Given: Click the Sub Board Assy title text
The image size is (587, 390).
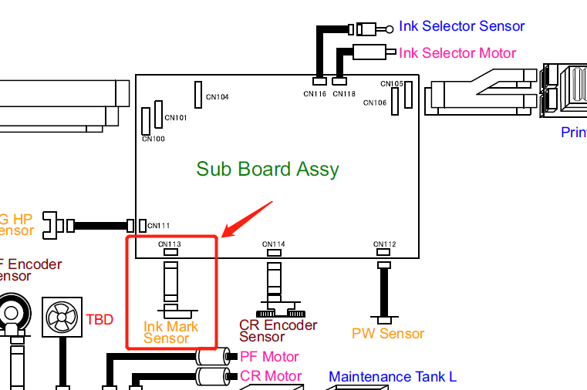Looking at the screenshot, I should [268, 169].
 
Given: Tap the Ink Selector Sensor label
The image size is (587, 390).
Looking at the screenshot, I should [461, 26].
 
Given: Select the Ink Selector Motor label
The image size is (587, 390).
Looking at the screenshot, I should [457, 52].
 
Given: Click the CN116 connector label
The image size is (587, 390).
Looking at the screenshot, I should [315, 94].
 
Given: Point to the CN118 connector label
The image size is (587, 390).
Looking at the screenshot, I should [344, 94].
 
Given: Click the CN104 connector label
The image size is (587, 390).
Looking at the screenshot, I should [217, 98].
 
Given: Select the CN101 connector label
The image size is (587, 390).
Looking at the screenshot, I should [176, 118].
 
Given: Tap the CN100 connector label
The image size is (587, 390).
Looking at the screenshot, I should [153, 140].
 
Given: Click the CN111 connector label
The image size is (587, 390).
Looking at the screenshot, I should [159, 226].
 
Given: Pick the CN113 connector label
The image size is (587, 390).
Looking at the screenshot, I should [170, 244].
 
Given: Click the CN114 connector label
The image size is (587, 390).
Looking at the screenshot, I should [274, 244].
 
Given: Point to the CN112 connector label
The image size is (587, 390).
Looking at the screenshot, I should [383, 244].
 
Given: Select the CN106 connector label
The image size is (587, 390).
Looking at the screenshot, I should [375, 103].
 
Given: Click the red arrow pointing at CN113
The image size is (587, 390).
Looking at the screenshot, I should [247, 219].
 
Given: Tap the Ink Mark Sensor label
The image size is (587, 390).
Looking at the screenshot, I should [170, 332].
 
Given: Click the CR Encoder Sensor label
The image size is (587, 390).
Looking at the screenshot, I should [278, 331].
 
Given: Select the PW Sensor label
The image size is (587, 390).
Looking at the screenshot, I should [388, 334].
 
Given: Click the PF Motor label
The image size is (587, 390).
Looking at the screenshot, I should [269, 357].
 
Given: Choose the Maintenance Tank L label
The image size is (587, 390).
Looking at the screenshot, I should [392, 377].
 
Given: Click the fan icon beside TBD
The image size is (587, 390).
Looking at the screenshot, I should [61, 317].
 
